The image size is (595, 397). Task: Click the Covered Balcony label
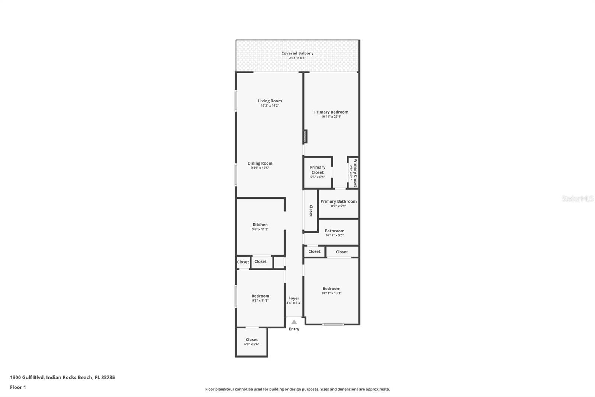(x=297, y=53)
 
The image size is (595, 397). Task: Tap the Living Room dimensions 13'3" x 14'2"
(x=270, y=106)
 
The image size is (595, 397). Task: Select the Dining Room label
(x=260, y=163)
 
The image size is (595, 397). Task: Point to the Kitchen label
(x=260, y=225)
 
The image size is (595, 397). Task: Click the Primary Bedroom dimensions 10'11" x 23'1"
(x=331, y=117)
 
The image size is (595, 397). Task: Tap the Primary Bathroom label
(x=338, y=201)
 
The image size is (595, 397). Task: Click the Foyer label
(x=293, y=298)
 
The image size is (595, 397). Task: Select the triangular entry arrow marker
(x=294, y=322)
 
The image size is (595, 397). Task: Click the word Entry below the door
(x=294, y=329)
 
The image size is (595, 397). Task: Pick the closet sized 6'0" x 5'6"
(x=251, y=342)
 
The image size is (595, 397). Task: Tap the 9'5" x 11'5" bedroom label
(x=260, y=298)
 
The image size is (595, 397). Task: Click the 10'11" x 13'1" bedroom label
(x=331, y=290)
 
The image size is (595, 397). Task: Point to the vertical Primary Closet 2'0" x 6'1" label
(x=353, y=173)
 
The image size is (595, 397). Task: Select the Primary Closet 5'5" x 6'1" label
(x=318, y=172)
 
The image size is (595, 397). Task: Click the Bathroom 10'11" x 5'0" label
(x=334, y=233)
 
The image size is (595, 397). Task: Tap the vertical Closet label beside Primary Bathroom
(x=311, y=211)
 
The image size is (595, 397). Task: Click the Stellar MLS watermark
(x=577, y=198)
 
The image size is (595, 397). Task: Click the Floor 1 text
(x=18, y=387)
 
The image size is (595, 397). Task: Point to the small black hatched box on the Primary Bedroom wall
(x=305, y=136)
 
